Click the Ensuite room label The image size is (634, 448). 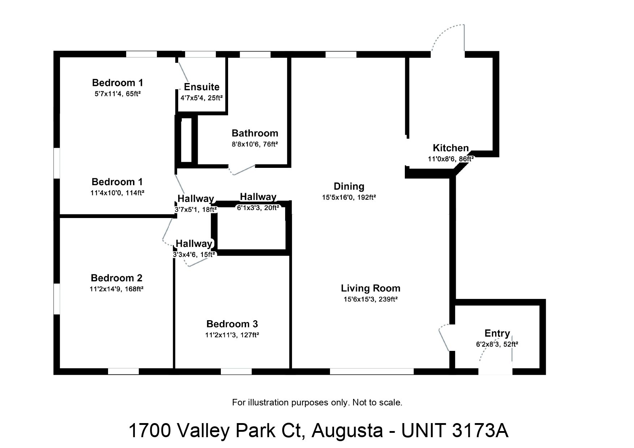tap(202, 87)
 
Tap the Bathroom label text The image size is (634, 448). tap(255, 133)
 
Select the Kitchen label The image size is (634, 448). tap(451, 148)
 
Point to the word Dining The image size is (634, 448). tap(349, 187)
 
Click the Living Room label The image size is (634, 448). tap(370, 288)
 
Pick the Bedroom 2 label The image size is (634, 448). tap(116, 278)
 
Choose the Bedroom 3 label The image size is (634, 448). tap(232, 324)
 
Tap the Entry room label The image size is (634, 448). tap(497, 333)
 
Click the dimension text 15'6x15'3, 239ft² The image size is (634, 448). tap(370, 299)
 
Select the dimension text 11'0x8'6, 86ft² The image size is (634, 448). tap(451, 159)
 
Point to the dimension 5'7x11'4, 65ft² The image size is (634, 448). tap(117, 94)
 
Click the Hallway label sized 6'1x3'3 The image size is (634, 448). tap(258, 197)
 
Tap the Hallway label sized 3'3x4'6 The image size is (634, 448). tap(194, 243)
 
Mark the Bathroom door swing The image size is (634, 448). tap(241, 170)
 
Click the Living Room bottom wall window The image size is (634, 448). tap(372, 371)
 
